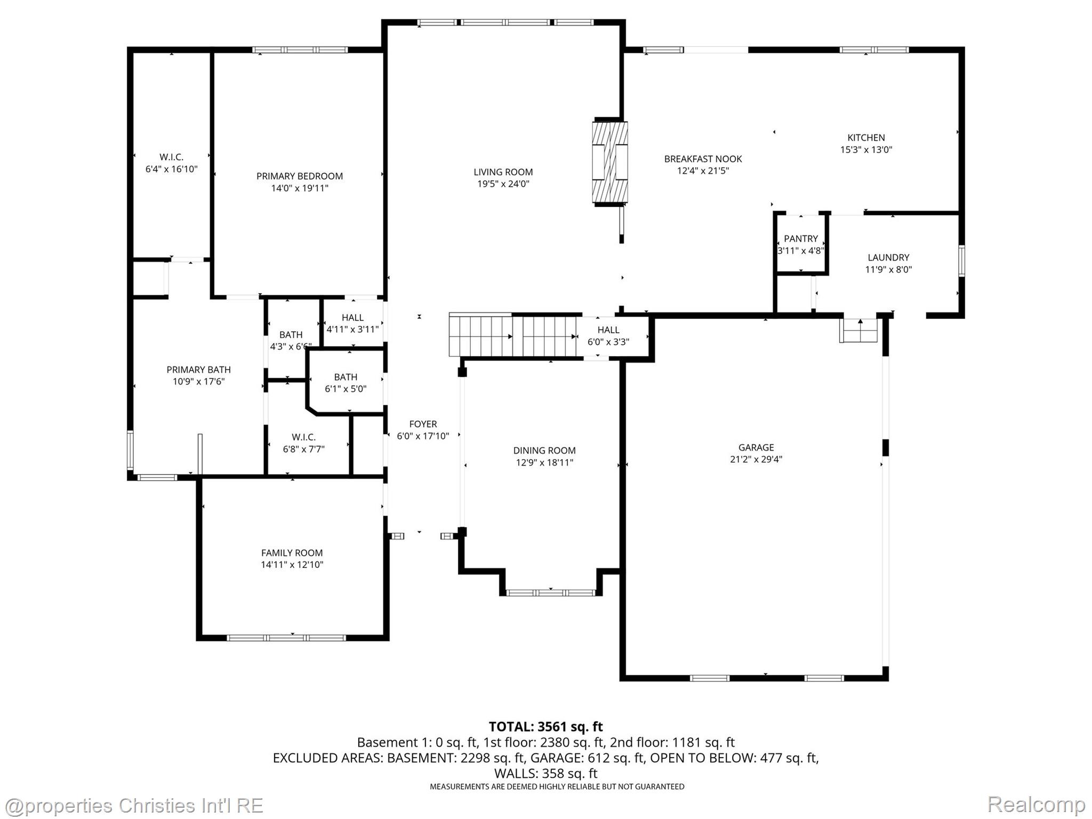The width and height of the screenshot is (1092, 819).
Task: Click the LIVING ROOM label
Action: coord(503,172)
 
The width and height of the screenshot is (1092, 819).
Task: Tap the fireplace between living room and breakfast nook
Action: coord(609,163)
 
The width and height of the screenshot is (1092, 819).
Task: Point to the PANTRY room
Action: coord(800,244)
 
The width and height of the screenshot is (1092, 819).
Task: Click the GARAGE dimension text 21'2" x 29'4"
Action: coord(756,459)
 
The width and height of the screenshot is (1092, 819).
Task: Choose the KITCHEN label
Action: coord(866,138)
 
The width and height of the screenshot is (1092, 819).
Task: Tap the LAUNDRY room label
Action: coord(888,258)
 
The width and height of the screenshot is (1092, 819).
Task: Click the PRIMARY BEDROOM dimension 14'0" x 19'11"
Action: coord(299,188)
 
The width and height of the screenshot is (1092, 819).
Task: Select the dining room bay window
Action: coord(550,592)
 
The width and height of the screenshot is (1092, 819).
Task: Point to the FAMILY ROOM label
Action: coord(292,553)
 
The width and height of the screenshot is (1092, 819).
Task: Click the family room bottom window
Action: coord(286,638)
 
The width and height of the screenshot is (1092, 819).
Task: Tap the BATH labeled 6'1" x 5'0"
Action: coord(346,383)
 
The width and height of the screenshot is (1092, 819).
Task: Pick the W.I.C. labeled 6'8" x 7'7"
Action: coord(303,443)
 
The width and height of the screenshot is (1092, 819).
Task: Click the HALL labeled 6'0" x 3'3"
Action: coord(608,336)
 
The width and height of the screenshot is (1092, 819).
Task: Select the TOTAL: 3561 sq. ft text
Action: coord(545,727)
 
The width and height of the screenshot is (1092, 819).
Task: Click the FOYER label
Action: coord(423,424)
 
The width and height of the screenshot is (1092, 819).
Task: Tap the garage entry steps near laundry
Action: coord(859,331)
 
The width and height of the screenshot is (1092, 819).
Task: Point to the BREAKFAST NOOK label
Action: coord(703,159)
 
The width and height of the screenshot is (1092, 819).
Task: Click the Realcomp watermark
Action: coord(1036,804)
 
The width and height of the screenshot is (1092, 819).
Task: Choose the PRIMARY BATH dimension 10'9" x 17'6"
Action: coord(198,381)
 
